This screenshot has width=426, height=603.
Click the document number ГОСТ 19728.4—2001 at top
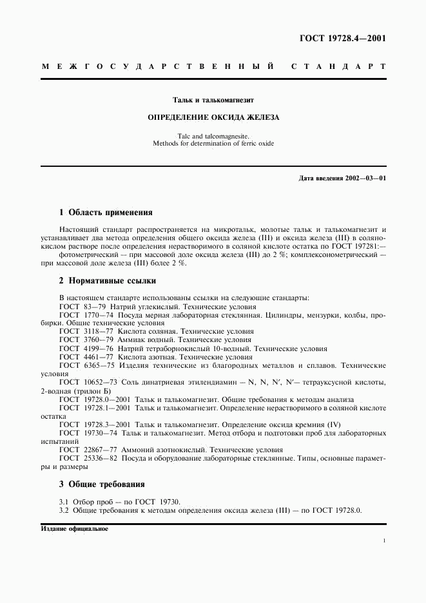coord(343,37)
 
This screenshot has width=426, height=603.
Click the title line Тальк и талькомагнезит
coord(213,100)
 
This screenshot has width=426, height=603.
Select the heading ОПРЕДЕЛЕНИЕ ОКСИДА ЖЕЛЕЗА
coord(213,118)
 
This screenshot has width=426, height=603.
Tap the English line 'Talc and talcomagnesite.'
coord(213,136)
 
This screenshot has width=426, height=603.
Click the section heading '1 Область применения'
coord(106,212)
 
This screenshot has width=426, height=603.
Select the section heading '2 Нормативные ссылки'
coord(107,281)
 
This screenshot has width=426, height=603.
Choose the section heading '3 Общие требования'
coord(102,484)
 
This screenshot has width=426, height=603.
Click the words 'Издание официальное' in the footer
coord(74,528)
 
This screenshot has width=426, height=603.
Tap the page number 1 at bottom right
coord(383,542)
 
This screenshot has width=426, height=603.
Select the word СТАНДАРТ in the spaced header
coord(338,66)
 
